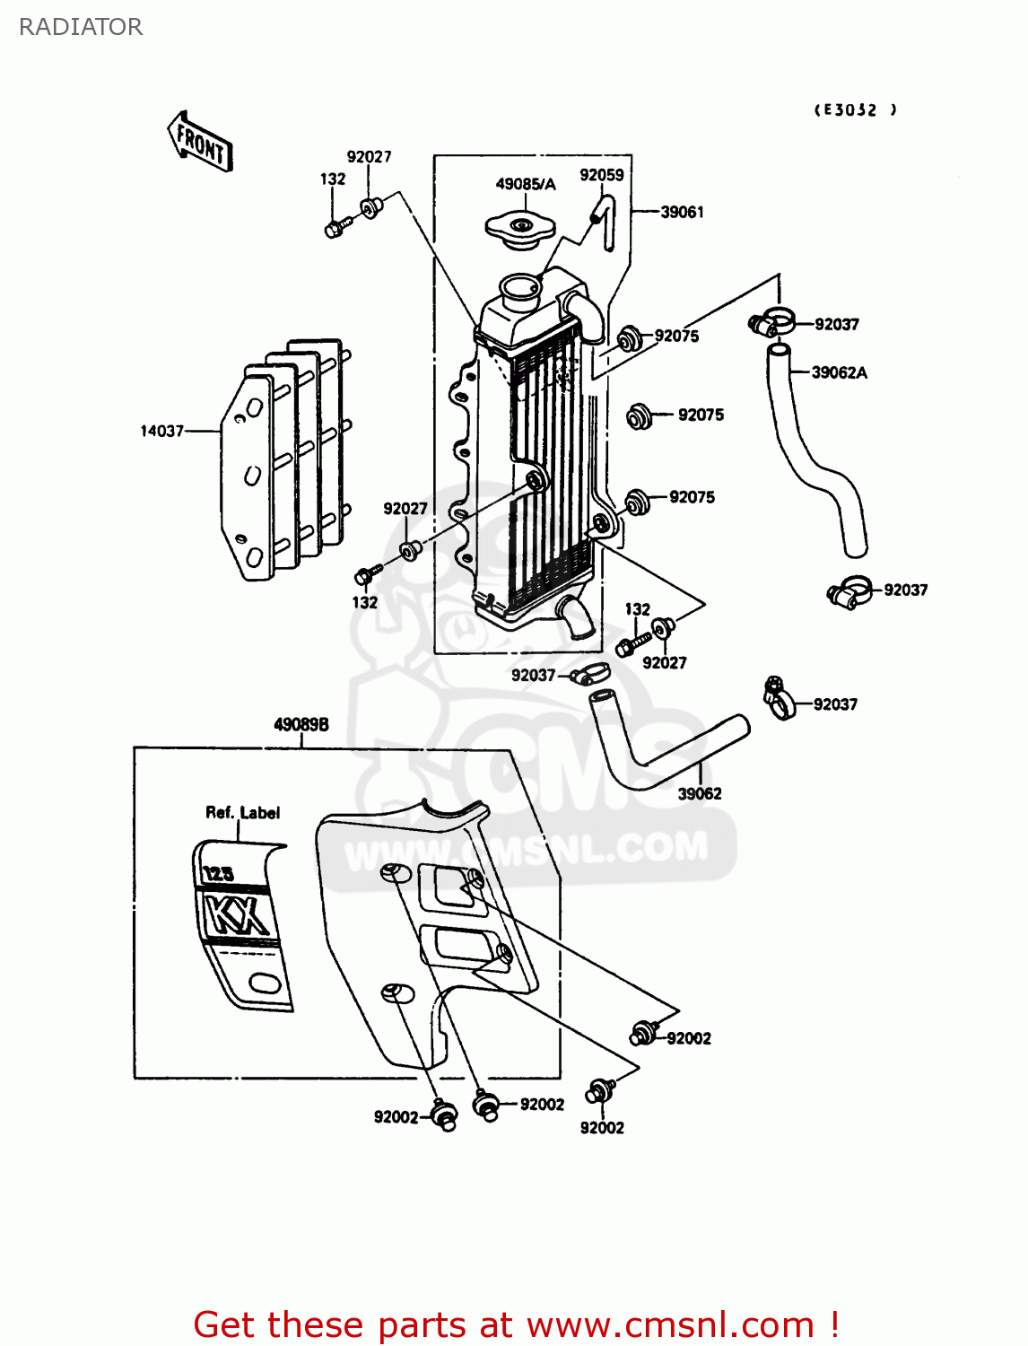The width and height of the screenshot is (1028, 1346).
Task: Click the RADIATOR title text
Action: point(81,27)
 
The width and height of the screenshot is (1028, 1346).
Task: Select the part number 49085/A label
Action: point(526,184)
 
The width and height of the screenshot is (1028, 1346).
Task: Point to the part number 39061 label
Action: point(682,212)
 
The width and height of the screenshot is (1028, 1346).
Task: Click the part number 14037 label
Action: point(161,431)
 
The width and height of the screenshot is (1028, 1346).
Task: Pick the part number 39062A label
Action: point(839,372)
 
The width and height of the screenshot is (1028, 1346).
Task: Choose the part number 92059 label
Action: point(601,175)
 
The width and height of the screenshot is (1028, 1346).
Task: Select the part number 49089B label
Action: point(301,724)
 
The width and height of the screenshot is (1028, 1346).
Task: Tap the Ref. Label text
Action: point(242,812)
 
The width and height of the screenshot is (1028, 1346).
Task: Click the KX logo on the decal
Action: point(237,915)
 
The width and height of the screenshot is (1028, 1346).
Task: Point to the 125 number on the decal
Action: point(218,873)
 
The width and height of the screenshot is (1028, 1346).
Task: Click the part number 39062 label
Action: point(699,793)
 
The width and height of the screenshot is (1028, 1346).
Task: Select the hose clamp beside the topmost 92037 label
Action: point(771,321)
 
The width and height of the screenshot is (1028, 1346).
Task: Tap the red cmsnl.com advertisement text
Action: point(516,1324)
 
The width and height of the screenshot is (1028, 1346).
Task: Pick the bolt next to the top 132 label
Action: point(335,228)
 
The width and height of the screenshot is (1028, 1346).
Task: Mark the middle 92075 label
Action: point(701,415)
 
